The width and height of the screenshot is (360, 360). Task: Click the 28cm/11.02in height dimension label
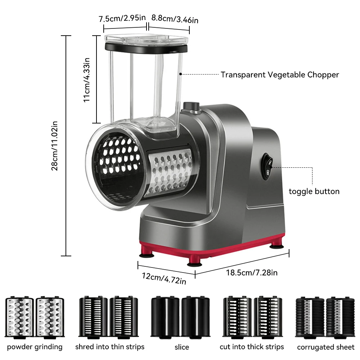click(x=54, y=146)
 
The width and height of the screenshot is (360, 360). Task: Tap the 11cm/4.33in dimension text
click(x=86, y=80)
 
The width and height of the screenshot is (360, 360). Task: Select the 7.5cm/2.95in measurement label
click(x=122, y=18)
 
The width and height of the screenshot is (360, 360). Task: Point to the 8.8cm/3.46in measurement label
click(x=175, y=19)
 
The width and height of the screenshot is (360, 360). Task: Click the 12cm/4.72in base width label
click(x=164, y=279)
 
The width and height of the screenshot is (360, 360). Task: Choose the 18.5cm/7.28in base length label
click(x=252, y=273)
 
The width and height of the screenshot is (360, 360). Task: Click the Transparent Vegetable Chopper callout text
click(x=280, y=75)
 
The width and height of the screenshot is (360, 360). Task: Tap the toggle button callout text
click(x=314, y=191)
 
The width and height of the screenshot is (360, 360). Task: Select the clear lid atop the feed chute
click(x=146, y=39)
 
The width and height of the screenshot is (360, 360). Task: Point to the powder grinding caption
click(x=35, y=347)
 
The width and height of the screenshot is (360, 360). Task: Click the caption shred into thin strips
click(x=110, y=347)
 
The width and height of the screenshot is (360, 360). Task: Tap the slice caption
click(x=181, y=347)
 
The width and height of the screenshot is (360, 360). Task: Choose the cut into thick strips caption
click(x=252, y=347)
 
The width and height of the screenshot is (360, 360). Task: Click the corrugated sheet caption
click(x=325, y=347)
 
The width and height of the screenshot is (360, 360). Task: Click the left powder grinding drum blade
click(x=19, y=317)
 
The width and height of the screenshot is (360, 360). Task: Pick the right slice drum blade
click(x=195, y=316)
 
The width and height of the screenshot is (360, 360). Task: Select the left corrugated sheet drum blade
click(x=310, y=317)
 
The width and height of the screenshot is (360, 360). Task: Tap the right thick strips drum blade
click(x=268, y=317)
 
